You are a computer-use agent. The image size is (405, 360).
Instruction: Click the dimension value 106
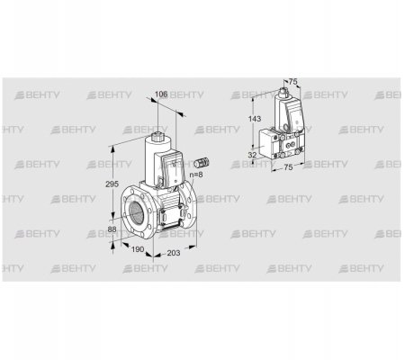coord(161,94)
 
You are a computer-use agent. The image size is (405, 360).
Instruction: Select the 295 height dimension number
coord(112,184)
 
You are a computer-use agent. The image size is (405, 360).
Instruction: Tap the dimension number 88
coord(112,229)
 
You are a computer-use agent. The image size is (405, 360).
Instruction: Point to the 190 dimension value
coord(138,249)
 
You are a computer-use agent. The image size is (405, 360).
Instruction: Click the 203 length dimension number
coord(174,253)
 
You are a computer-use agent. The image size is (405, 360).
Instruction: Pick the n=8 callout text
coord(196,175)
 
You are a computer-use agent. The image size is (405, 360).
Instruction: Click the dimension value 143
coord(255,119)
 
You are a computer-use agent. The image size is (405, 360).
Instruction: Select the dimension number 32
coord(253,155)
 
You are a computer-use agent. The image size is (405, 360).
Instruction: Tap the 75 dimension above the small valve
coord(292,82)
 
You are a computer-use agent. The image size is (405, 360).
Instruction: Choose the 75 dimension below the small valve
coord(288,167)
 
